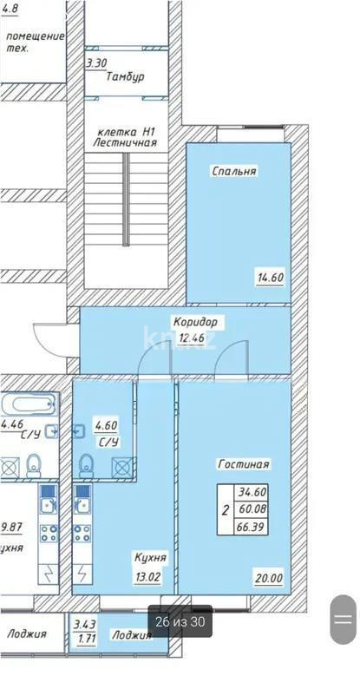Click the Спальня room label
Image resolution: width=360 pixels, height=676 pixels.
point(233,172)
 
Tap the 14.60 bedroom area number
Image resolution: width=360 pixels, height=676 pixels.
point(270,279)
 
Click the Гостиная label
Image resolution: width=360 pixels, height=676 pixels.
point(243,464)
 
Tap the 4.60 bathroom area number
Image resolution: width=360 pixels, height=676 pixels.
point(106,425)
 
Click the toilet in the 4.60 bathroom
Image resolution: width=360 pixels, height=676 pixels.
point(87,466)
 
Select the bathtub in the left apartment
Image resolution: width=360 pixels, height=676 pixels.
point(29,405)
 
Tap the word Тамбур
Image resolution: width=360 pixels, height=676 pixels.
point(125,76)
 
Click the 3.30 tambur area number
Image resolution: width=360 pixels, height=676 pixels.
point(97,62)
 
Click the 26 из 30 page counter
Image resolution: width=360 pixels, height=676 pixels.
point(180,621)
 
